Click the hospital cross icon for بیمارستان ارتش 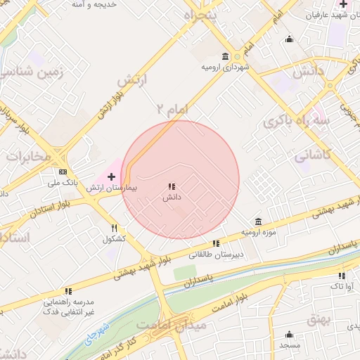coord(111,176)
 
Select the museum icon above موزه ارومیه coord(258,221)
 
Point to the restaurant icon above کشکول coord(114,228)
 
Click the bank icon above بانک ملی coord(63,172)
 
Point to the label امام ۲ coord(173,109)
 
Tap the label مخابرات coord(28,156)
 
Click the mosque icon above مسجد coord(290,334)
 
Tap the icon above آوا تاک coord(342,276)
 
